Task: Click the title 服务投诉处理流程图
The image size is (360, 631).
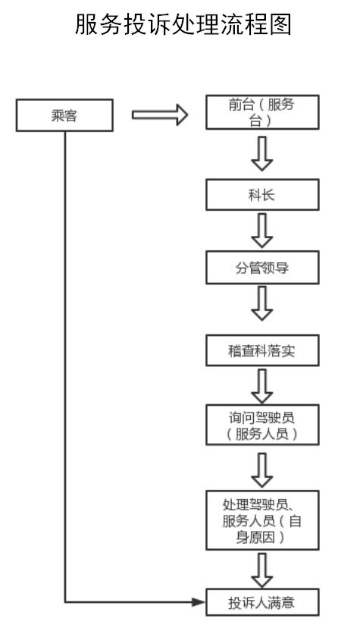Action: pyautogui.click(x=183, y=25)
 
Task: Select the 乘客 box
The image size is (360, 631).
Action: pyautogui.click(x=64, y=115)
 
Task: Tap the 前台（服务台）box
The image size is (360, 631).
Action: pyautogui.click(x=262, y=112)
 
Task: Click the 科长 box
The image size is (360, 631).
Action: pyautogui.click(x=262, y=195)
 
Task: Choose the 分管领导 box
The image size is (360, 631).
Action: pyautogui.click(x=262, y=267)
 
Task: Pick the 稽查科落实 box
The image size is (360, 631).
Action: pyautogui.click(x=262, y=350)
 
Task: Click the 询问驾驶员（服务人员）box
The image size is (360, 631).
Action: pyautogui.click(x=262, y=425)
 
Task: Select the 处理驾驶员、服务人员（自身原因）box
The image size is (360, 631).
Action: pyautogui.click(x=262, y=520)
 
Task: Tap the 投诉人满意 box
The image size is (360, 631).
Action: pyautogui.click(x=262, y=602)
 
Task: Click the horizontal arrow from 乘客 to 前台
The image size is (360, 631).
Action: pyautogui.click(x=160, y=115)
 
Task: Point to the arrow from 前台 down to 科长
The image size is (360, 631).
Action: pyautogui.click(x=262, y=154)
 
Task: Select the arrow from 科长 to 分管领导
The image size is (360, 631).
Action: pyautogui.click(x=262, y=231)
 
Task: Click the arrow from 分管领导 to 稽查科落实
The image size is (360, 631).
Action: pyautogui.click(x=262, y=303)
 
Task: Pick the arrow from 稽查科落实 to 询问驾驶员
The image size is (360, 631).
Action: pyautogui.click(x=262, y=386)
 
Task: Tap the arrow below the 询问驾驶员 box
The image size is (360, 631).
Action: pyautogui.click(x=262, y=470)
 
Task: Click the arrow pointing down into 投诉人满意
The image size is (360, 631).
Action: pyautogui.click(x=262, y=570)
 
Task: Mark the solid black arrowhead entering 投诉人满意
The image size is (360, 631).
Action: pyautogui.click(x=199, y=602)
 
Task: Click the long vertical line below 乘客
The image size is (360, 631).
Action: pyautogui.click(x=64, y=366)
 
